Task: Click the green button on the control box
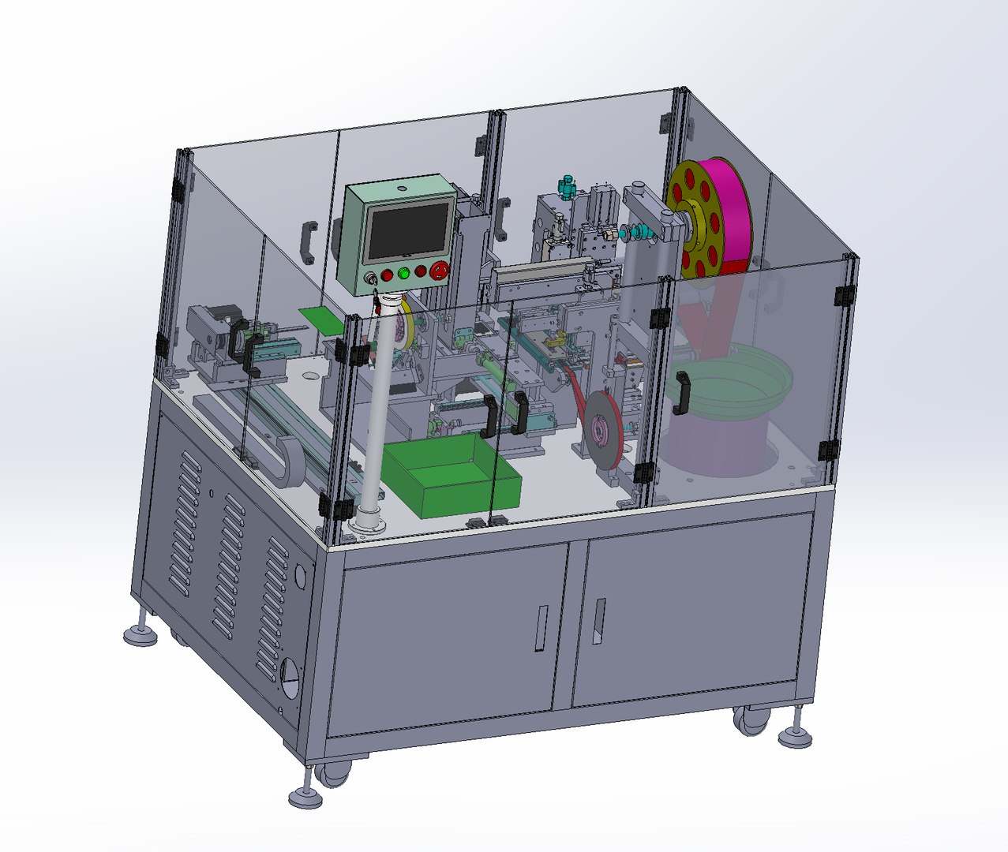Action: [404, 273]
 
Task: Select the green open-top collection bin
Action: [451, 476]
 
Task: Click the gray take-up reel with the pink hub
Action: [606, 429]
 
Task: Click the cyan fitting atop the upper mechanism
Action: [564, 186]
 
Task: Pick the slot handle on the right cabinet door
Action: [600, 621]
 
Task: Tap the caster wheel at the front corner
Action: [334, 773]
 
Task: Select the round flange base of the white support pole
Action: [366, 521]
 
